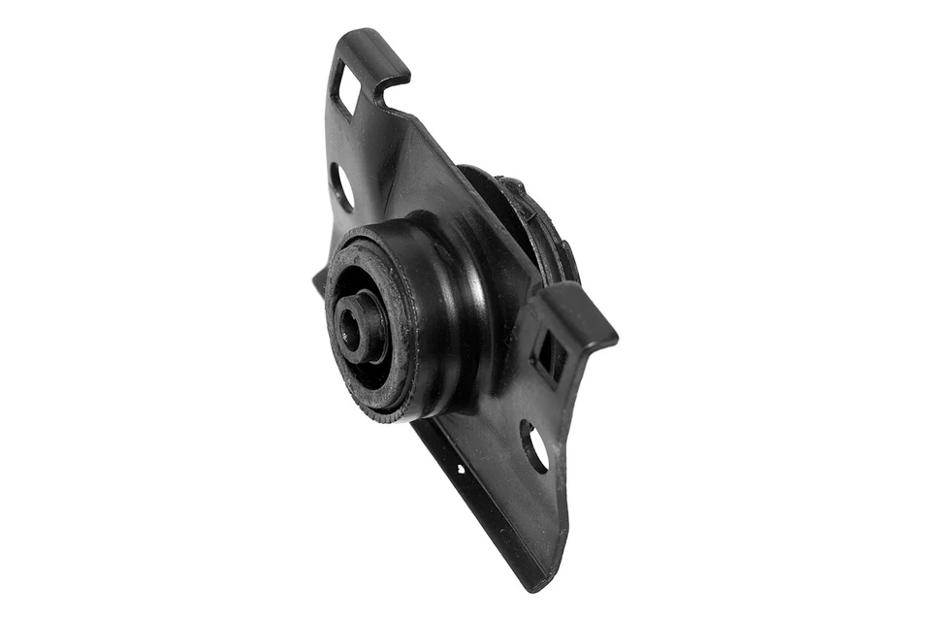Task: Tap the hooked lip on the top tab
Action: pyautogui.click(x=392, y=76)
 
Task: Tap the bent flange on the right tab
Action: pyautogui.click(x=582, y=320)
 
